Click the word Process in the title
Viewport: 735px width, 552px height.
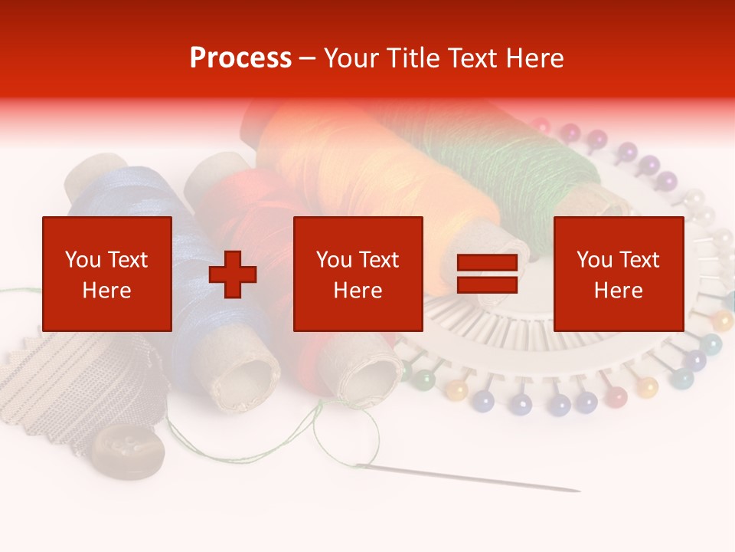[x=240, y=58]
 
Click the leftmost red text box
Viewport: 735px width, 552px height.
[x=106, y=274]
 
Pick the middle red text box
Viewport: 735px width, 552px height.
[x=358, y=274]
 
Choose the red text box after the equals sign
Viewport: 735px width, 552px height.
[x=618, y=274]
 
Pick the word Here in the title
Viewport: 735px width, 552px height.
[x=536, y=58]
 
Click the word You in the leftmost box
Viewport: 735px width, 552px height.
[x=81, y=260]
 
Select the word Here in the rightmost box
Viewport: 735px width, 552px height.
[x=618, y=291]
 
